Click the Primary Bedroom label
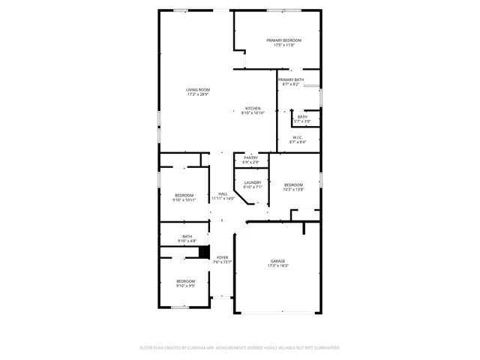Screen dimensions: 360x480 (283, 40)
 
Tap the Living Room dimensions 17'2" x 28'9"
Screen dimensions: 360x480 (198, 94)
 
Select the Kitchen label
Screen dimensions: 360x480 (253, 108)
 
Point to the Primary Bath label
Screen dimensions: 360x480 (290, 79)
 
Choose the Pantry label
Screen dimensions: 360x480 (250, 157)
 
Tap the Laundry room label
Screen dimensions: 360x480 (252, 182)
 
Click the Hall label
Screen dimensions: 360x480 (223, 193)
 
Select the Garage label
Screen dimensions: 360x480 (278, 261)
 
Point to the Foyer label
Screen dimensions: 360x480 (223, 256)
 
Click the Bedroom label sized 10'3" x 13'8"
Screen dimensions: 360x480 (293, 184)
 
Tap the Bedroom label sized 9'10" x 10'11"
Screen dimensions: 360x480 (184, 195)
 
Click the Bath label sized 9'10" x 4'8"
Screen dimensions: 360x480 (187, 236)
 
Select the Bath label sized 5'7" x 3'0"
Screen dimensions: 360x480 (301, 116)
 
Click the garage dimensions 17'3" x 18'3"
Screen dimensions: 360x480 (278, 266)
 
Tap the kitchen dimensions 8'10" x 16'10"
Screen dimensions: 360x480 (253, 113)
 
